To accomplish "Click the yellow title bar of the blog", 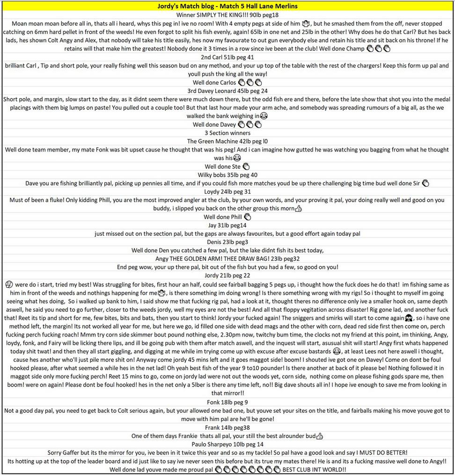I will pos(227,6).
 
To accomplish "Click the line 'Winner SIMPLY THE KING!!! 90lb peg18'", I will pos(227,14).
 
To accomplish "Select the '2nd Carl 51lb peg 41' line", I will pos(227,57).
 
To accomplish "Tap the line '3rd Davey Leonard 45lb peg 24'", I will pos(227,91).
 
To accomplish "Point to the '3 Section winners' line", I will pos(227,133).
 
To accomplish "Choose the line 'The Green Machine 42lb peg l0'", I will pos(227,141).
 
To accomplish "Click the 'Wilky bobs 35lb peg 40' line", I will pos(227,175).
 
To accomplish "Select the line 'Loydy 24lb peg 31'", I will pos(227,192).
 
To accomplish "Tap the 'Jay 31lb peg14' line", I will pos(227,225).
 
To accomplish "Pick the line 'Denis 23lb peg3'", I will pos(227,242).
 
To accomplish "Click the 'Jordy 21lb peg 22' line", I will pos(227,276).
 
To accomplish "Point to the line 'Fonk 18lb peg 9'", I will pos(227,402).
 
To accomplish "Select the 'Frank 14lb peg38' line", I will pos(227,427).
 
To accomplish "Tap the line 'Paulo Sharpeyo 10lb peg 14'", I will pos(227,444).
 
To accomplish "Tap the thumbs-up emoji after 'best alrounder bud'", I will pos(320,436).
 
